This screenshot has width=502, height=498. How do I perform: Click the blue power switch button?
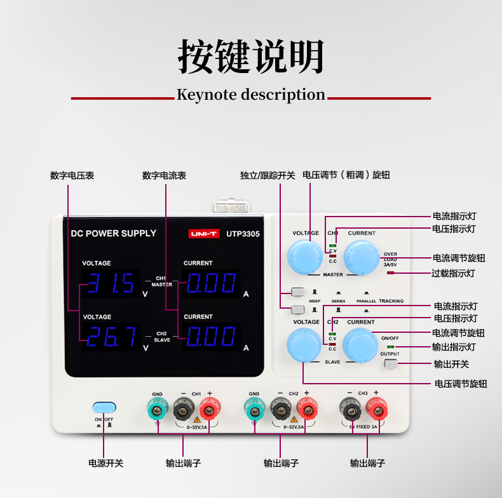[x=104, y=407]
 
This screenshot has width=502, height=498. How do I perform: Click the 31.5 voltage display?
[x=112, y=283]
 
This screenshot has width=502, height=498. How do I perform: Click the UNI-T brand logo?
[x=203, y=234]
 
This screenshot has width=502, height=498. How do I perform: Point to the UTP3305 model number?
[x=243, y=234]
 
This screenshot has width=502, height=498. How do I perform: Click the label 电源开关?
[x=106, y=463]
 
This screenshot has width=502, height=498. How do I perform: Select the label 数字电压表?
[x=72, y=175]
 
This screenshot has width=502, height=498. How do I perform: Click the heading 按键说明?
[x=251, y=57]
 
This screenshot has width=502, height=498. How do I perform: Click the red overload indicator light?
[x=390, y=273]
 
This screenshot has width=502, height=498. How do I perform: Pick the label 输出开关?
[x=451, y=364]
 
